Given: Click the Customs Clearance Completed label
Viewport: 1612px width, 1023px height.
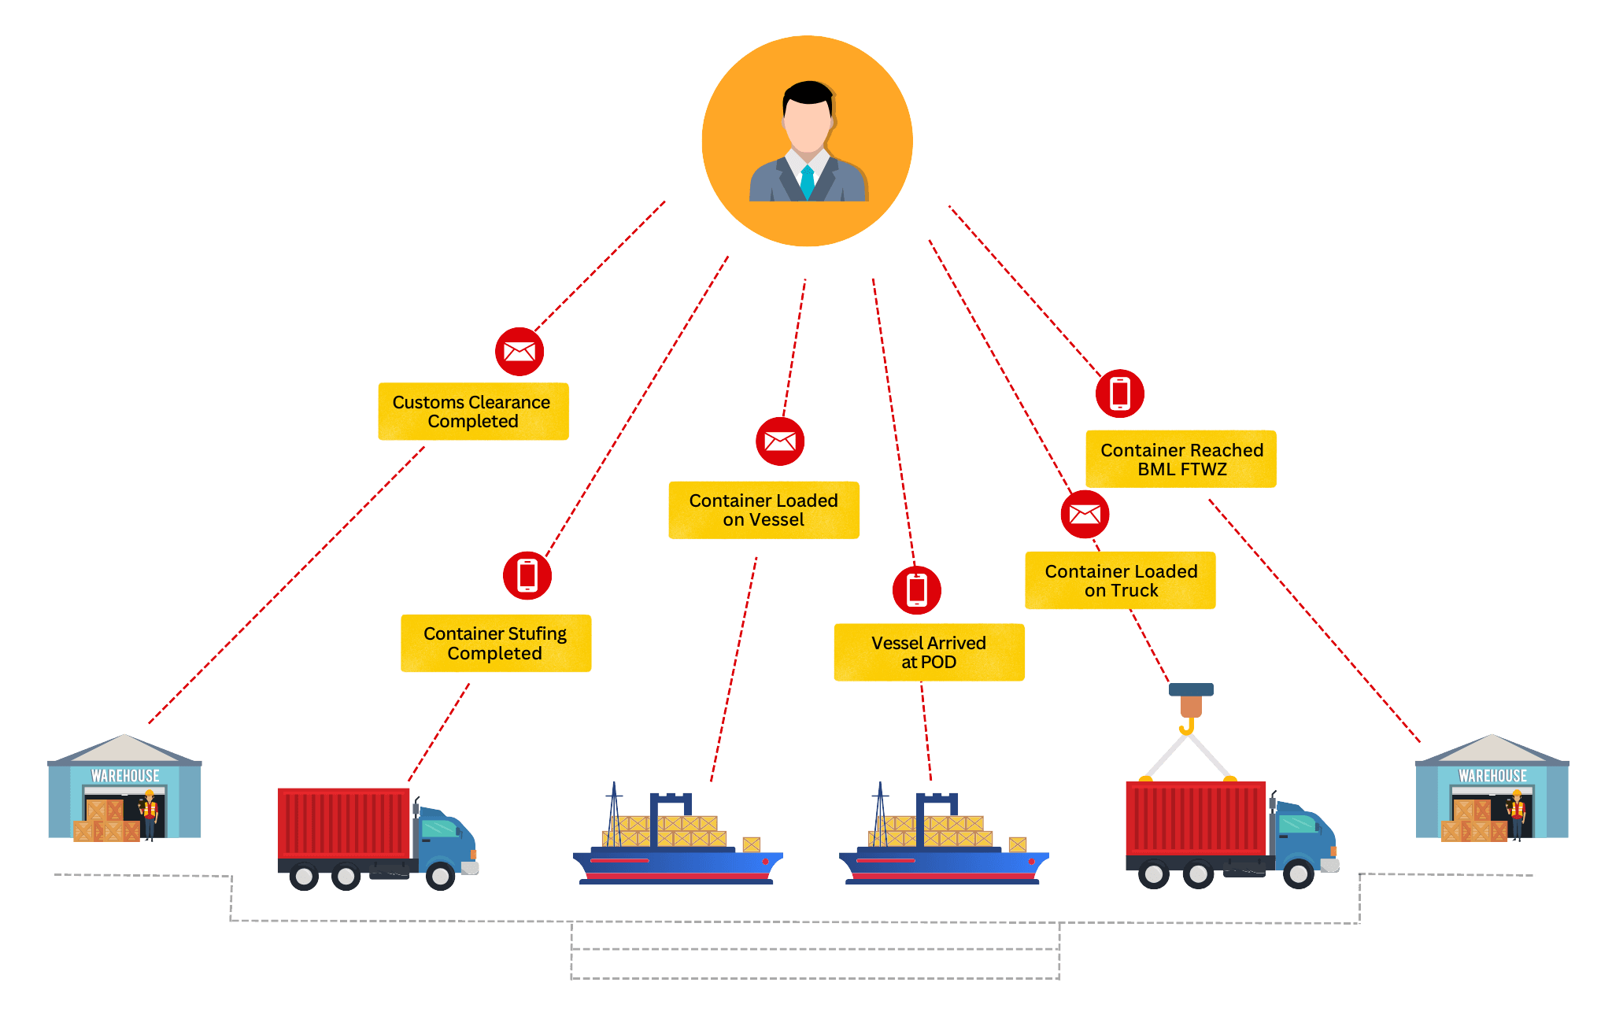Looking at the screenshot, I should (x=472, y=412).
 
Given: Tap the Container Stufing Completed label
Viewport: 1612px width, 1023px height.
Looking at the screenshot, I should (x=495, y=643).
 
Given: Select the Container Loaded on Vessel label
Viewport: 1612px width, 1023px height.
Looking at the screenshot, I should (x=763, y=510).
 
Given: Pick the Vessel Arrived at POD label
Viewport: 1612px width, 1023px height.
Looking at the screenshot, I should (x=929, y=652).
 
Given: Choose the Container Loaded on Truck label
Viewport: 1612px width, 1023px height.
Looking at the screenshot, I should (x=1120, y=581).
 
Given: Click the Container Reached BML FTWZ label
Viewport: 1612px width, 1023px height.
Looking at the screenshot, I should (x=1181, y=460).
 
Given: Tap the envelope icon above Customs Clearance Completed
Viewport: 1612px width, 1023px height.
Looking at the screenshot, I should (x=519, y=351).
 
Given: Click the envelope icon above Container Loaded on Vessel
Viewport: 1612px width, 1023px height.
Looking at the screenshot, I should (x=780, y=441).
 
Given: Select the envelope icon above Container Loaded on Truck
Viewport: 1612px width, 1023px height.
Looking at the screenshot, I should (x=1085, y=515).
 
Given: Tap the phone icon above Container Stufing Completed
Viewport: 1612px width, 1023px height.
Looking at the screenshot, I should (x=527, y=575).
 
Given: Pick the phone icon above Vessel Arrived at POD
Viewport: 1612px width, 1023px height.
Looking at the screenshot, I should (x=917, y=589).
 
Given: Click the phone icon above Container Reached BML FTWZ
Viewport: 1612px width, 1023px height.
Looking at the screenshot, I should (x=1119, y=393).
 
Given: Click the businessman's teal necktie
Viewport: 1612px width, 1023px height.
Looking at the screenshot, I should (x=807, y=182).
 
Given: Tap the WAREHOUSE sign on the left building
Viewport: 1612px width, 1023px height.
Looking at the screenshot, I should (x=125, y=776).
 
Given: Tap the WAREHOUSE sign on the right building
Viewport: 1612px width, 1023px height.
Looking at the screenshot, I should (x=1492, y=776).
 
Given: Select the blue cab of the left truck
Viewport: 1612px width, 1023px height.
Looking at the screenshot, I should (x=445, y=838).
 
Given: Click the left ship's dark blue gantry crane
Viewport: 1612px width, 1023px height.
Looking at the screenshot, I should (x=670, y=807).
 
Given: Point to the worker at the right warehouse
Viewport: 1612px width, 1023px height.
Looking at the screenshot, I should (x=1516, y=814).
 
